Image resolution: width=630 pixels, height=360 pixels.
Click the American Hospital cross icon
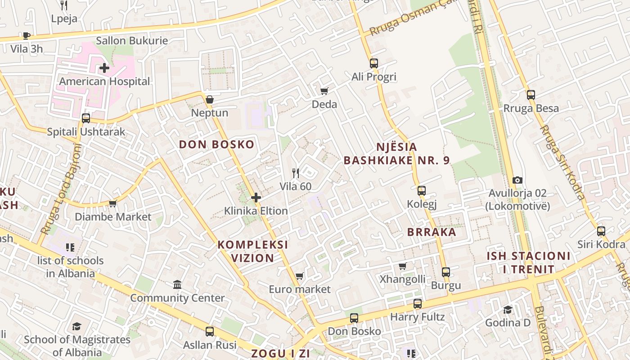[x=104, y=68]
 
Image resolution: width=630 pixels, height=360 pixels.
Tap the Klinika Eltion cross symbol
[x=256, y=198]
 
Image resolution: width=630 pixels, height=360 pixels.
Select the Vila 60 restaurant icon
[x=295, y=173]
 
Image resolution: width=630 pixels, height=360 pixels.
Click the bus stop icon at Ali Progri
[x=373, y=63]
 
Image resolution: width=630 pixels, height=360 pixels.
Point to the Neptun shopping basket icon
[x=209, y=99]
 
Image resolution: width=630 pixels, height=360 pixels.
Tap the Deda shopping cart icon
[x=324, y=91]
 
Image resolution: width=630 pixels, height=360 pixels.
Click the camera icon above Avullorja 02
[x=517, y=180]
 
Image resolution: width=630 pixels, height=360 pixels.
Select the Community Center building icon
[x=177, y=285]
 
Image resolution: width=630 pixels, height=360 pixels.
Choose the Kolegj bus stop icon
[x=421, y=191]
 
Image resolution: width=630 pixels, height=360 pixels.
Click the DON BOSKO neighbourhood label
[x=216, y=144]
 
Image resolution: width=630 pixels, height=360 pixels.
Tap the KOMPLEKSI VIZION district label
[x=252, y=251]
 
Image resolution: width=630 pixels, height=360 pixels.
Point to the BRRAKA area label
[x=432, y=232]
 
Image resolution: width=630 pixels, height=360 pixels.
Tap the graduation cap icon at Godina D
[x=508, y=310]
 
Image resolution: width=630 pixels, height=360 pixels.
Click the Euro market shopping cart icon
[x=299, y=276]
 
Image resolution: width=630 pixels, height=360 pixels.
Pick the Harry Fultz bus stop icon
[x=417, y=304]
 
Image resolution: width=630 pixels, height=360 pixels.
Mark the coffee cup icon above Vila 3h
[x=26, y=36]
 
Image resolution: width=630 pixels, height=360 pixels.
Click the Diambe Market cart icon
[x=112, y=204]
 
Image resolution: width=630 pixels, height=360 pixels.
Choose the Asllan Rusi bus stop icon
[x=209, y=332]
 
